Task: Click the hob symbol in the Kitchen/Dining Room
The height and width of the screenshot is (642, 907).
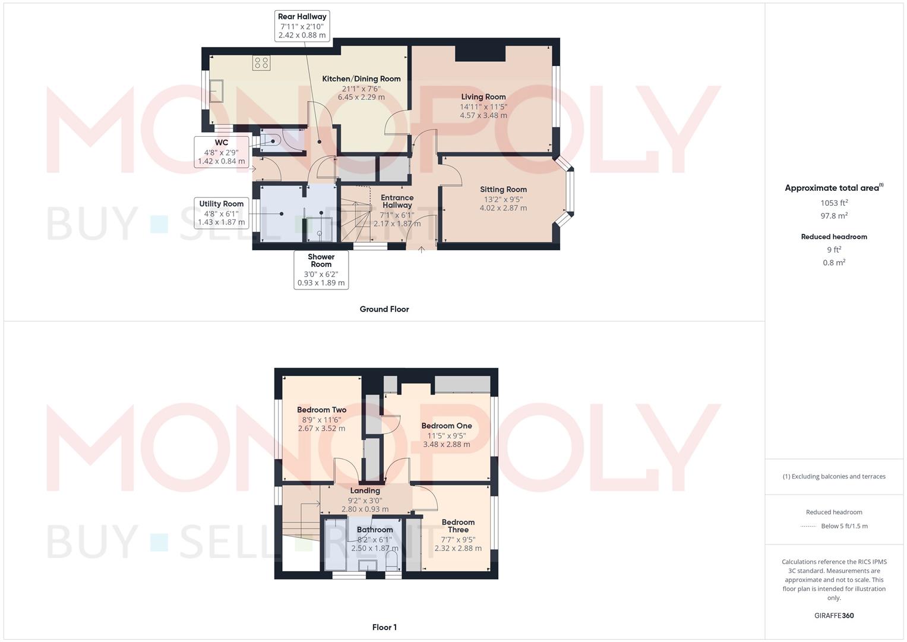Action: [261, 62]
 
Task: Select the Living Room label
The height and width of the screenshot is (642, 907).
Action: [483, 97]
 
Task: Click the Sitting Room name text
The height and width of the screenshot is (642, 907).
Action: [503, 190]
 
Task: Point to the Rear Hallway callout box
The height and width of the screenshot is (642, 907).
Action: [302, 26]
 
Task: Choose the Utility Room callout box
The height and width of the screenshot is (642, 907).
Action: [221, 213]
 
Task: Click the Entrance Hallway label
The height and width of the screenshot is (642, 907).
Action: [397, 202]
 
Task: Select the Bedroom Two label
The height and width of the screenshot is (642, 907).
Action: [321, 410]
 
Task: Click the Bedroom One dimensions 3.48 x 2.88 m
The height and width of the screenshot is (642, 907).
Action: [446, 444]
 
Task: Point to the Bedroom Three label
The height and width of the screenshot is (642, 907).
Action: [458, 525]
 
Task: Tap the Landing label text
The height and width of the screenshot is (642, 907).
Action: [365, 491]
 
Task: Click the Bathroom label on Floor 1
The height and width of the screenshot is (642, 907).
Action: [375, 530]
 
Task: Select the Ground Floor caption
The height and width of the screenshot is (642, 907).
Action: [384, 309]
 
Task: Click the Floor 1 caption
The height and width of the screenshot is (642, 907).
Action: [384, 627]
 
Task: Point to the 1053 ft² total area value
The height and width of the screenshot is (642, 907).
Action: [833, 203]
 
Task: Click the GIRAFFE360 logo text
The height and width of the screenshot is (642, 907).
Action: [833, 616]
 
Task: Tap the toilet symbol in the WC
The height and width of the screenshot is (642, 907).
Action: [273, 141]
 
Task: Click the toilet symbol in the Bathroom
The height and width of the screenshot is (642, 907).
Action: [392, 560]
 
